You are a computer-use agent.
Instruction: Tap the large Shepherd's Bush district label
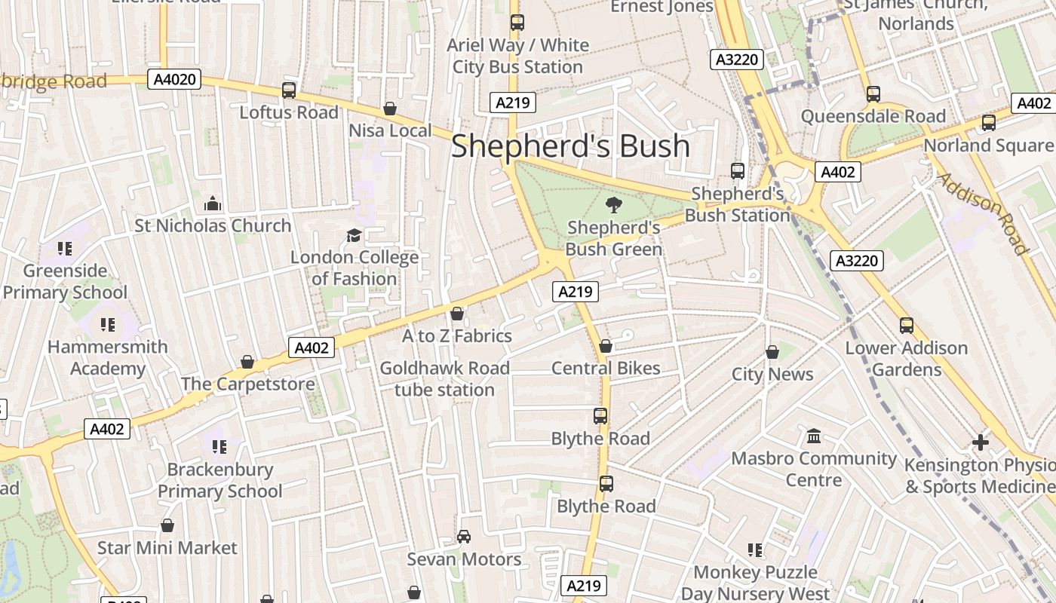[570, 146]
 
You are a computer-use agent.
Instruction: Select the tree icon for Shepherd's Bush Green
[614, 204]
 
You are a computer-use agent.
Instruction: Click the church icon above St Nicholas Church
[213, 204]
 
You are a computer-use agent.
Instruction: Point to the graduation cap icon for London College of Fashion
[354, 236]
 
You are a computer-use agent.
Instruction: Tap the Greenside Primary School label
[65, 281]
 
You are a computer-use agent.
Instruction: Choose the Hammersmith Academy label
[107, 358]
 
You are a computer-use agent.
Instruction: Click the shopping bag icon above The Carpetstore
[247, 363]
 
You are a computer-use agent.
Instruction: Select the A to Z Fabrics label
[456, 336]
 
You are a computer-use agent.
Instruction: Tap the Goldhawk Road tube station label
[444, 379]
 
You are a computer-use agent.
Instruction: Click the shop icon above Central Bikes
[605, 347]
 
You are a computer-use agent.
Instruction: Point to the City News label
[772, 375]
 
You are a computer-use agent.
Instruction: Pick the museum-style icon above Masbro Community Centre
[814, 436]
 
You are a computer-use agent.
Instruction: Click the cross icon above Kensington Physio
[980, 442]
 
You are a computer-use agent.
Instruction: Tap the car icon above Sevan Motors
[464, 537]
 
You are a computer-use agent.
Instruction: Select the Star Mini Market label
[167, 548]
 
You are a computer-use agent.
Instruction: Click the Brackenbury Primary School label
[219, 480]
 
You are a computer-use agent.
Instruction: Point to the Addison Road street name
[984, 213]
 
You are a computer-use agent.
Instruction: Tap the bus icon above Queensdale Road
[873, 94]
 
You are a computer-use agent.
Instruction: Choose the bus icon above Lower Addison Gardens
[907, 326]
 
